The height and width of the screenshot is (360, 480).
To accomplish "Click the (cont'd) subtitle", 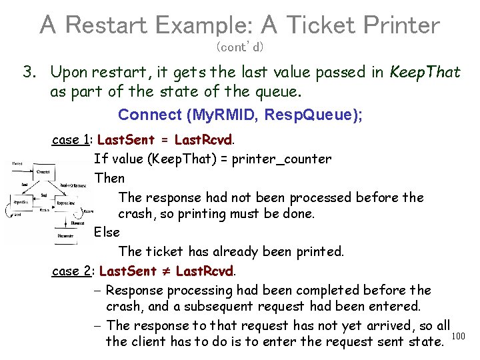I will click(x=240, y=47).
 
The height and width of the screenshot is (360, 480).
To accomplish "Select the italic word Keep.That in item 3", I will click(x=425, y=72).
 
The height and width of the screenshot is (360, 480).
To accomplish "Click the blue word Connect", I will click(x=149, y=115).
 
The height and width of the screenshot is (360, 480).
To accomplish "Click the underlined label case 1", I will click(x=71, y=140).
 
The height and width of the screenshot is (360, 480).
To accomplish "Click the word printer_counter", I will click(x=281, y=159).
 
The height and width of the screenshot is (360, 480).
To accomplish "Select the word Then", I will click(x=109, y=178).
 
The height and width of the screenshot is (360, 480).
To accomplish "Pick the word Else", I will click(x=107, y=233).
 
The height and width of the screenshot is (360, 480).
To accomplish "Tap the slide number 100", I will click(x=458, y=335).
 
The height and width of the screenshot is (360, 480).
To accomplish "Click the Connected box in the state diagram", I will click(x=43, y=172).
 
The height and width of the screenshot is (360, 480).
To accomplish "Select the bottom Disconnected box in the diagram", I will click(x=65, y=235).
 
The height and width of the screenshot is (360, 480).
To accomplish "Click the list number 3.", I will click(x=29, y=72).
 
